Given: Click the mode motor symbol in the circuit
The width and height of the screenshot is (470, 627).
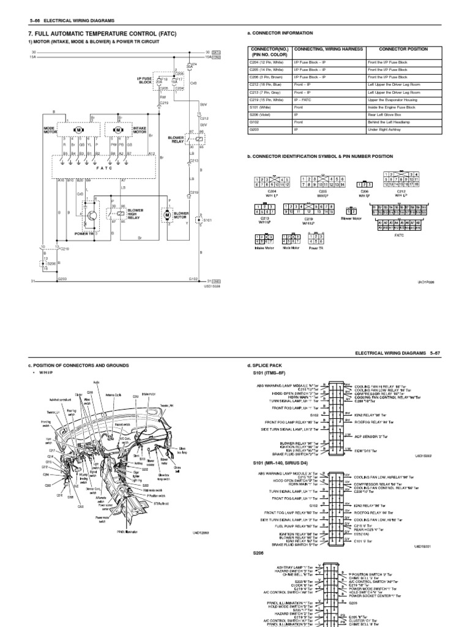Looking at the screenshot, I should click(x=78, y=131).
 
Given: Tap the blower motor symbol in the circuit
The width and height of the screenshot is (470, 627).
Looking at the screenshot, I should click(x=166, y=216).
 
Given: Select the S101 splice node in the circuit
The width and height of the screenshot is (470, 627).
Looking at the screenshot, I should click(x=198, y=219).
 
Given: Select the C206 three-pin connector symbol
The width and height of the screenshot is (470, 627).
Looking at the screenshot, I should click(x=365, y=184).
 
